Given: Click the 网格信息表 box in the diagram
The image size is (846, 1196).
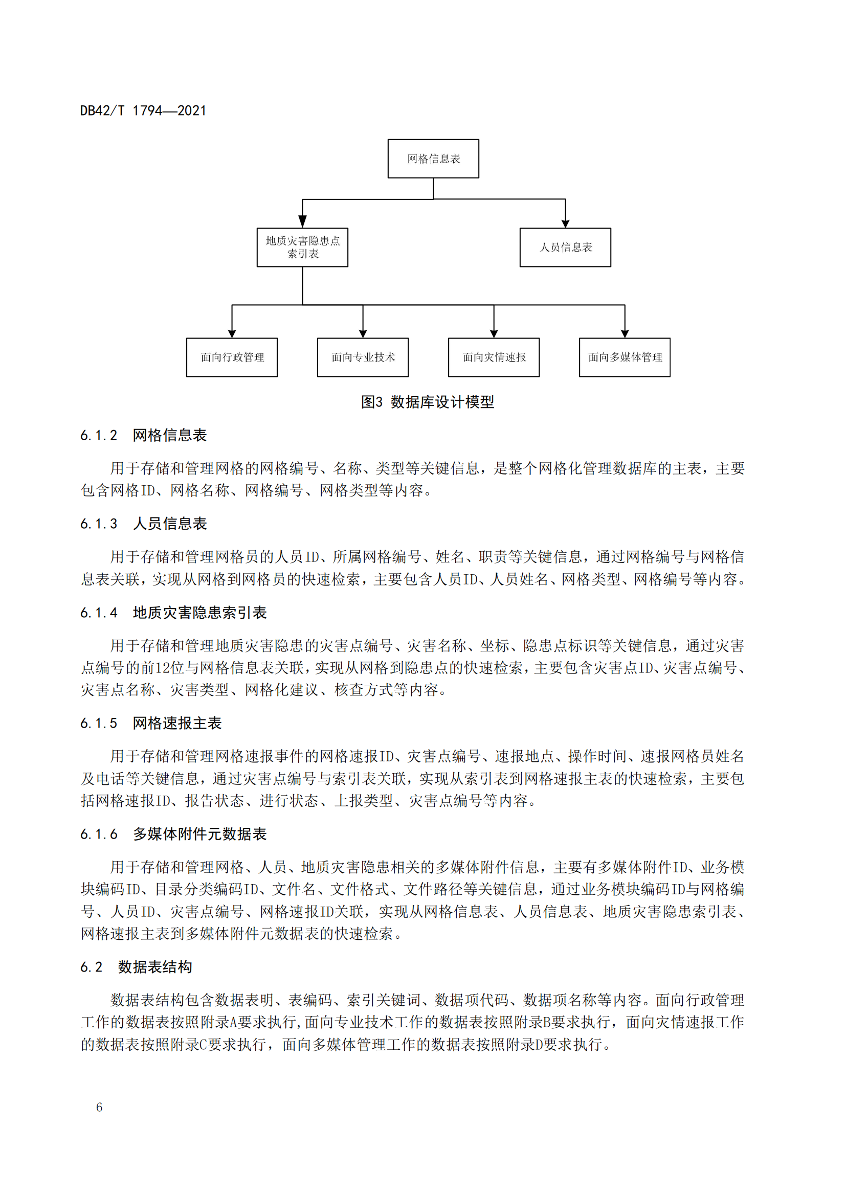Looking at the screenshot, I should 433,159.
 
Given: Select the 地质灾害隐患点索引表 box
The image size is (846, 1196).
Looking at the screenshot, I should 302,247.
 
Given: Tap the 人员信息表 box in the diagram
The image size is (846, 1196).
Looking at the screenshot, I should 565,247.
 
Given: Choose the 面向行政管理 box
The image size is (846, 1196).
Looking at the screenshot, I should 232,357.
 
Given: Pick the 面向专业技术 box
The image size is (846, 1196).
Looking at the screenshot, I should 363,357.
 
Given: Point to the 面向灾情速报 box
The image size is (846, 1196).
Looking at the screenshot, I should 494,357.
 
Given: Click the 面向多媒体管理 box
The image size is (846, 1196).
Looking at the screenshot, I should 625,357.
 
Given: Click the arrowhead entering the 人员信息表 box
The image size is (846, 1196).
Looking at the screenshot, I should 565,223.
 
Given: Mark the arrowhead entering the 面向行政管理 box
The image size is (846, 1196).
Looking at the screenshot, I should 232,333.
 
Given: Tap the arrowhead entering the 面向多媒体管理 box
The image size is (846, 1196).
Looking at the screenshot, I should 625,333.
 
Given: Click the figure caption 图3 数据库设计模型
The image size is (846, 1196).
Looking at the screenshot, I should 427,402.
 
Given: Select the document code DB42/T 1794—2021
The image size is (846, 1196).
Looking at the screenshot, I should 143,111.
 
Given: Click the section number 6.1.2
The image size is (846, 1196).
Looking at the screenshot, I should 99,436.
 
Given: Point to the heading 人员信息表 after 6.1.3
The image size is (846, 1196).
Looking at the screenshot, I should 170,524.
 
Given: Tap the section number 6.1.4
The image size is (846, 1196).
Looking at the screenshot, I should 99,613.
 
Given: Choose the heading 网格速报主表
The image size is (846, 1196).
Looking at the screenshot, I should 177,724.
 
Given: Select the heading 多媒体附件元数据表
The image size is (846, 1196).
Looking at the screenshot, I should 199,834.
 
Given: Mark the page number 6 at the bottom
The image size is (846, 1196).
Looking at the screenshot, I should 100,1108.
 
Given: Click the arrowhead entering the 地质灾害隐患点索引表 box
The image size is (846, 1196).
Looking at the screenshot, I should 302,222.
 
